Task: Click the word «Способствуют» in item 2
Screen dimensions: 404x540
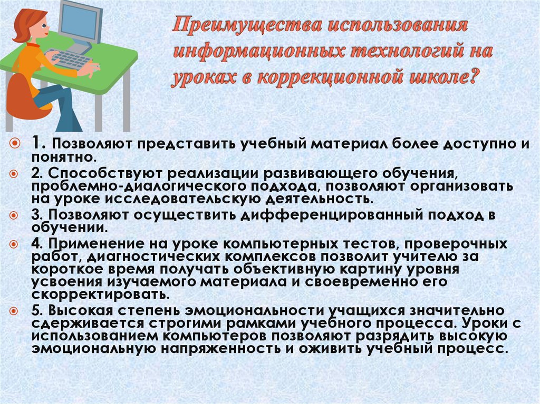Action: pyautogui.click(x=94, y=174)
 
